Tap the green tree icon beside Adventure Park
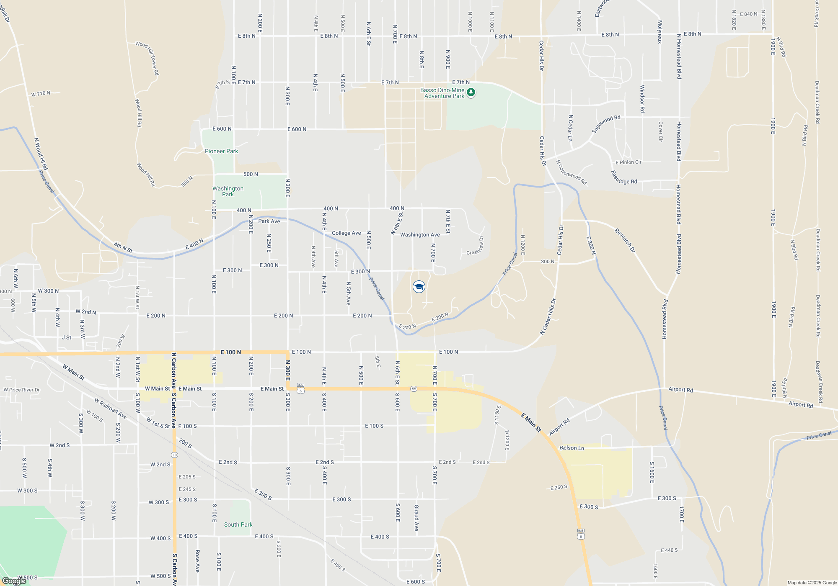coord(471,92)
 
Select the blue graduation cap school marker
coord(419,287)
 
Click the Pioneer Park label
coord(221,151)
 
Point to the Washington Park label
coord(228,191)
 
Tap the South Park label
coord(238,524)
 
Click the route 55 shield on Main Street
coord(414,389)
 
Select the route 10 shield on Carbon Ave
coord(174,455)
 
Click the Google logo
coord(14,581)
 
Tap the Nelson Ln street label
coord(572,448)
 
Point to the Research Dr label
coord(625,240)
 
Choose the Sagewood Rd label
coord(606,124)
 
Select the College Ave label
coord(346,233)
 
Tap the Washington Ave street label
coord(420,235)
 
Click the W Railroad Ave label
coord(110,409)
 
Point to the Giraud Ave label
coord(416,518)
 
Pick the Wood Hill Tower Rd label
coord(147,58)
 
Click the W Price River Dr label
coord(22,390)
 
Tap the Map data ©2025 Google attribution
coord(812,583)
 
